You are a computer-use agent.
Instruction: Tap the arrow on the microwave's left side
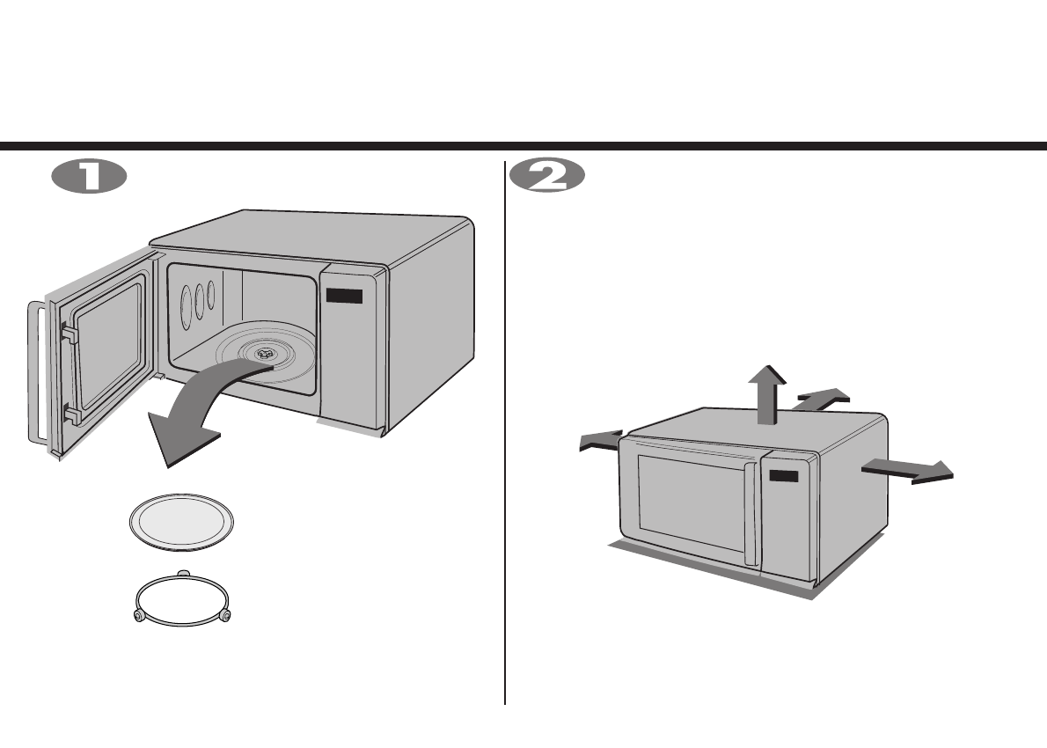[599, 442]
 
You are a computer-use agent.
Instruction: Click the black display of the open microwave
[343, 297]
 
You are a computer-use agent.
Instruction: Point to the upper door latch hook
[67, 334]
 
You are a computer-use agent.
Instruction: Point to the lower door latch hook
[70, 411]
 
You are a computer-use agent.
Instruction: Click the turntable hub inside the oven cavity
[264, 352]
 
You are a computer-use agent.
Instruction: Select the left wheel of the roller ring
[137, 616]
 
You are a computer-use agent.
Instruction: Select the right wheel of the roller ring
[226, 615]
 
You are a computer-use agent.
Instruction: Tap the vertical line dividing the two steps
[505, 431]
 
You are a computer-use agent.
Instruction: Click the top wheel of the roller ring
[183, 574]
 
